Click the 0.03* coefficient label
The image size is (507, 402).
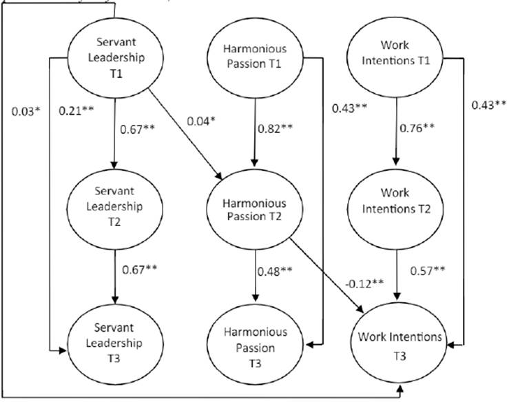25,110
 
